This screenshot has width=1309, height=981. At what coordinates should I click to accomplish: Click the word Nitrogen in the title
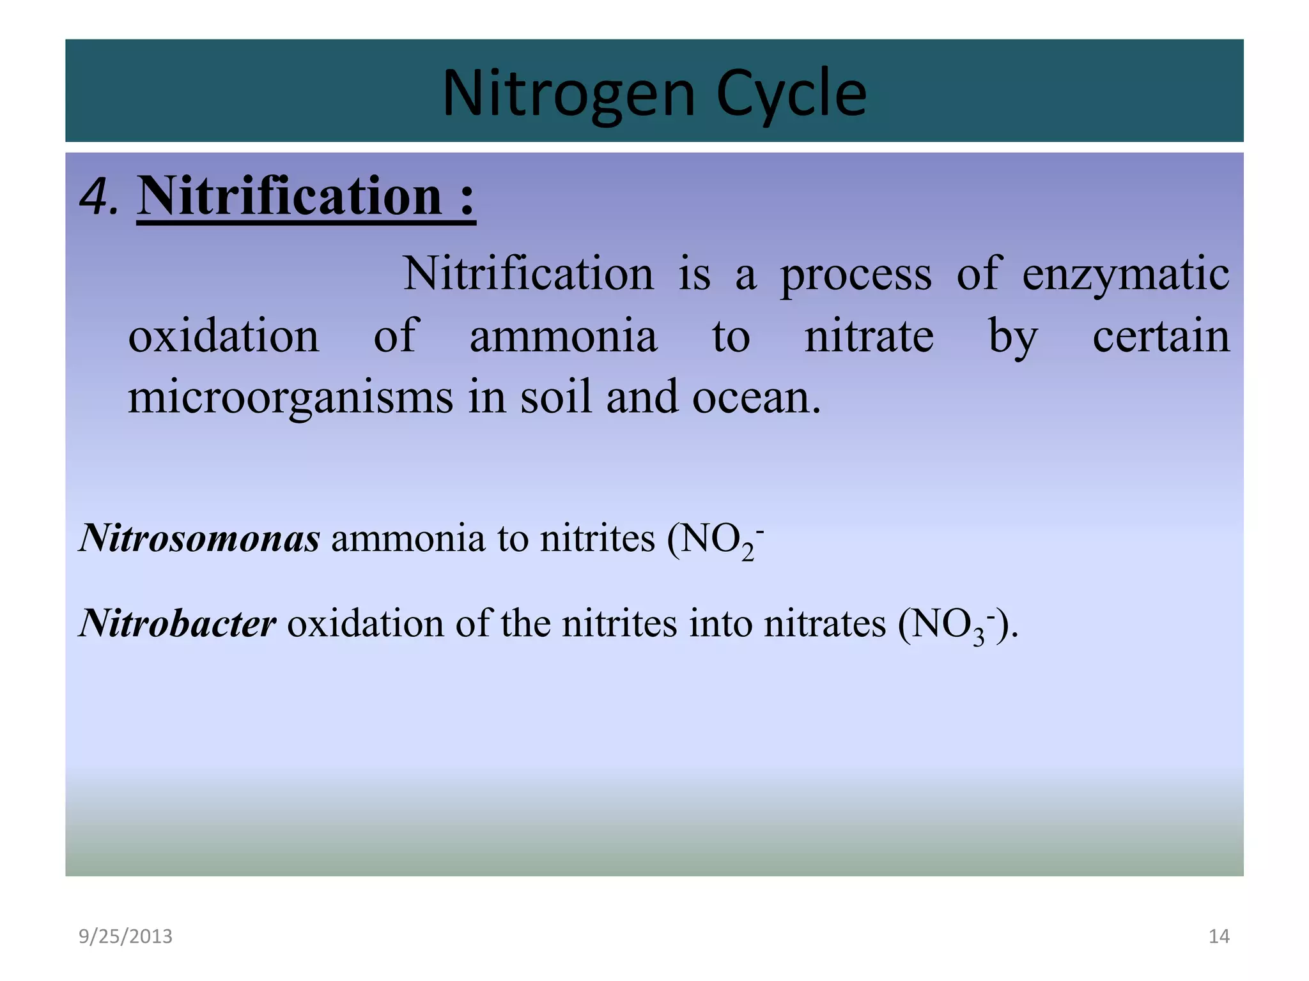(x=568, y=95)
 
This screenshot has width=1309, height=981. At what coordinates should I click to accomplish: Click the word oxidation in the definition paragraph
(x=224, y=336)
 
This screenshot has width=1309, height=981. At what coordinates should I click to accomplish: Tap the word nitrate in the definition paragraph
(x=869, y=336)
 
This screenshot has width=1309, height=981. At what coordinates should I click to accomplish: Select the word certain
(x=1161, y=336)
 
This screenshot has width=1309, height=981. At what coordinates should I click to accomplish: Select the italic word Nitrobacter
(x=178, y=623)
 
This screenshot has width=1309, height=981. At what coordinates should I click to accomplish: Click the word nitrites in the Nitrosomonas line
(x=597, y=538)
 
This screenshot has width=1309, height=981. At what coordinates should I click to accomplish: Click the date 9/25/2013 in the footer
(x=125, y=936)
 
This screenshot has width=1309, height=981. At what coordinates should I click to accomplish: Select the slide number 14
(x=1219, y=936)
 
